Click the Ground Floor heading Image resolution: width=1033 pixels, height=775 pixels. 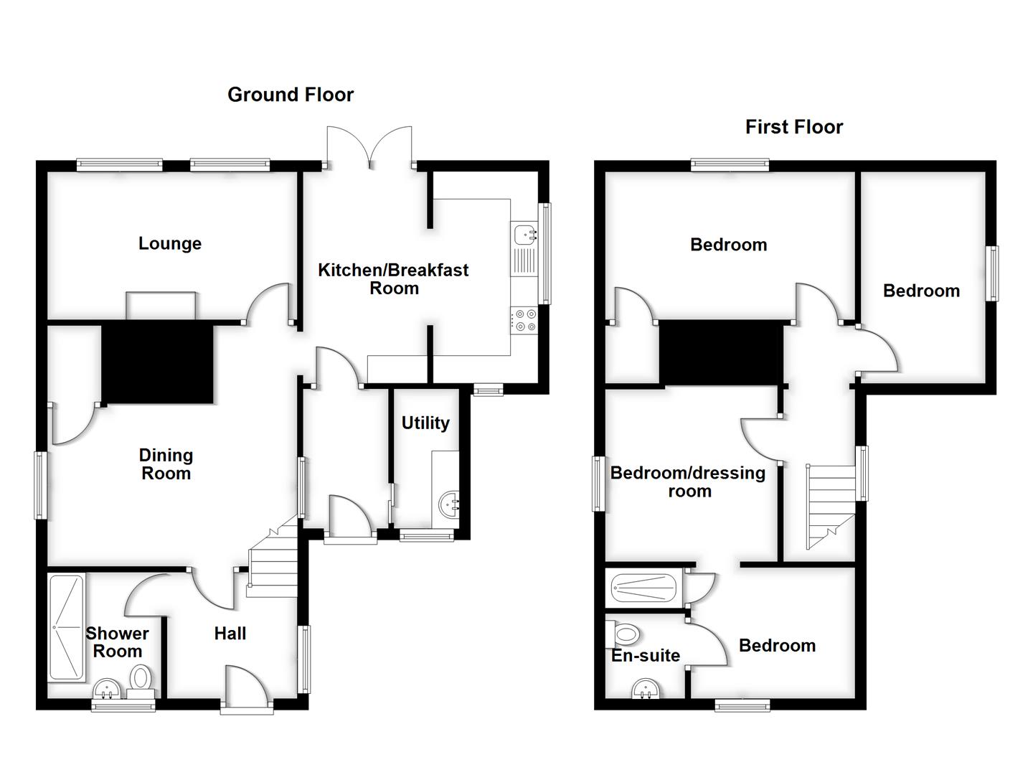[x=291, y=95]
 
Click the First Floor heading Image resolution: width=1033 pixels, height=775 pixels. [x=793, y=127]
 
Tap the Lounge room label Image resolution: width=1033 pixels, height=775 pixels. [x=170, y=244]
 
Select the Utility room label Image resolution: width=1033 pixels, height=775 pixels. [x=425, y=423]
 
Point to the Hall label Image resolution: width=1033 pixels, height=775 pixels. [x=230, y=634]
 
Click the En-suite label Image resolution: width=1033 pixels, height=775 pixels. [x=645, y=655]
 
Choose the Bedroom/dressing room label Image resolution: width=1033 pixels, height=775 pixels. [x=688, y=482]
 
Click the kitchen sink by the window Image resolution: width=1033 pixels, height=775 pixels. [x=525, y=233]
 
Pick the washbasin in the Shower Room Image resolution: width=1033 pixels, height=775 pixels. [x=108, y=690]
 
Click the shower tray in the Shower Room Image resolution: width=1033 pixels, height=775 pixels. [x=66, y=627]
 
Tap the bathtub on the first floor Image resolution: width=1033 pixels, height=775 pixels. [x=643, y=589]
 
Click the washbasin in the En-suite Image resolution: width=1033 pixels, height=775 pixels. [x=646, y=690]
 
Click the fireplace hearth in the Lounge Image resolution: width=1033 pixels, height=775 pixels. [x=161, y=305]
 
